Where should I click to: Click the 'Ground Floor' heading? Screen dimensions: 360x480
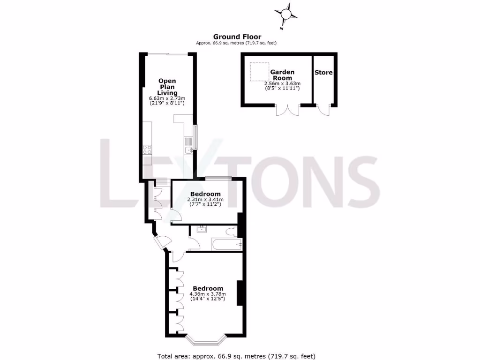click(x=237, y=37)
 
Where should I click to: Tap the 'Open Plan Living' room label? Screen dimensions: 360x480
click(x=167, y=86)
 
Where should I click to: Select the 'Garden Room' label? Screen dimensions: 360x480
click(x=282, y=75)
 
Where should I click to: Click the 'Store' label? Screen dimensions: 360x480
click(x=323, y=73)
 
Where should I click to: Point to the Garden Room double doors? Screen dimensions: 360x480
click(x=287, y=110)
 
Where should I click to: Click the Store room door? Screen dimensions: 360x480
click(x=323, y=111)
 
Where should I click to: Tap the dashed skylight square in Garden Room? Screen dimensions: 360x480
click(x=259, y=71)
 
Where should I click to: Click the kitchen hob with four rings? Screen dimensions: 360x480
click(x=147, y=150)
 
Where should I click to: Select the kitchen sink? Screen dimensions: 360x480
click(x=188, y=150)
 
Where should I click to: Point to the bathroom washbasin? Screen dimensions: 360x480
click(x=202, y=229)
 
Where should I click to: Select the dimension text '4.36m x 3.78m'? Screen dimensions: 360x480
click(x=207, y=294)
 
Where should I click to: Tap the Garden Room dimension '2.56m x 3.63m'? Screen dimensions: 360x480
click(x=282, y=83)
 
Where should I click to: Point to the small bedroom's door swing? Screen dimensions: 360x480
click(x=176, y=215)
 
